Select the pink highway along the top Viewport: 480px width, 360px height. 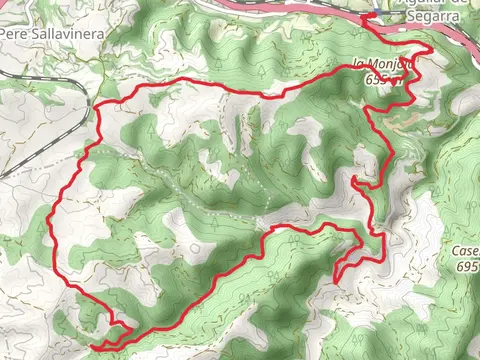300,8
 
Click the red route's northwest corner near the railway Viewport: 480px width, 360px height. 97,106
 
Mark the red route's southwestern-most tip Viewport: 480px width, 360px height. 92,346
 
